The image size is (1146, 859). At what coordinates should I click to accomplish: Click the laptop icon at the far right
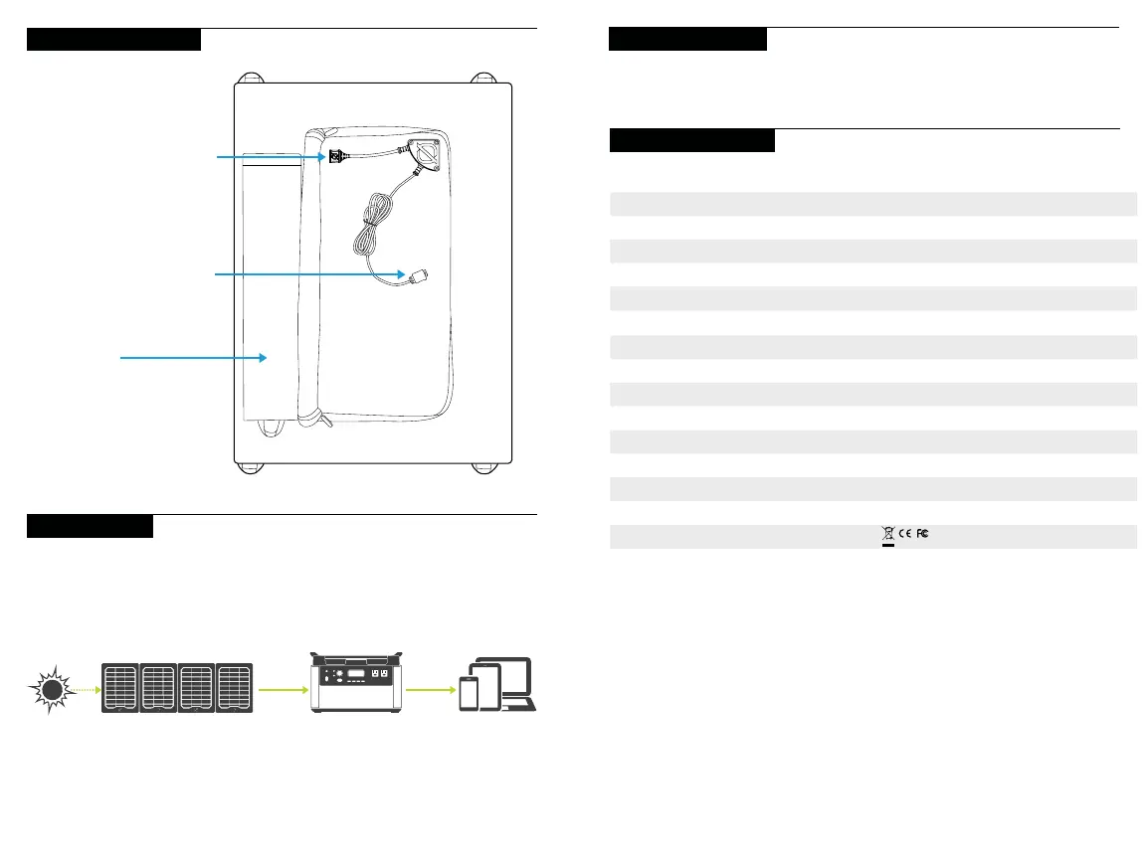[x=518, y=686]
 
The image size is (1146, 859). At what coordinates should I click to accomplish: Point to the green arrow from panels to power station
[x=283, y=687]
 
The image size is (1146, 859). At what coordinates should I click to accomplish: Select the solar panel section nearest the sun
[x=120, y=687]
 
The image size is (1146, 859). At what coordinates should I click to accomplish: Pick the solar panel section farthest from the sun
[x=235, y=687]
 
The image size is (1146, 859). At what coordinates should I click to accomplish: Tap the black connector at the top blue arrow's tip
[x=337, y=155]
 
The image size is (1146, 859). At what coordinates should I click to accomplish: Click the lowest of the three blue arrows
[x=189, y=356]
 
